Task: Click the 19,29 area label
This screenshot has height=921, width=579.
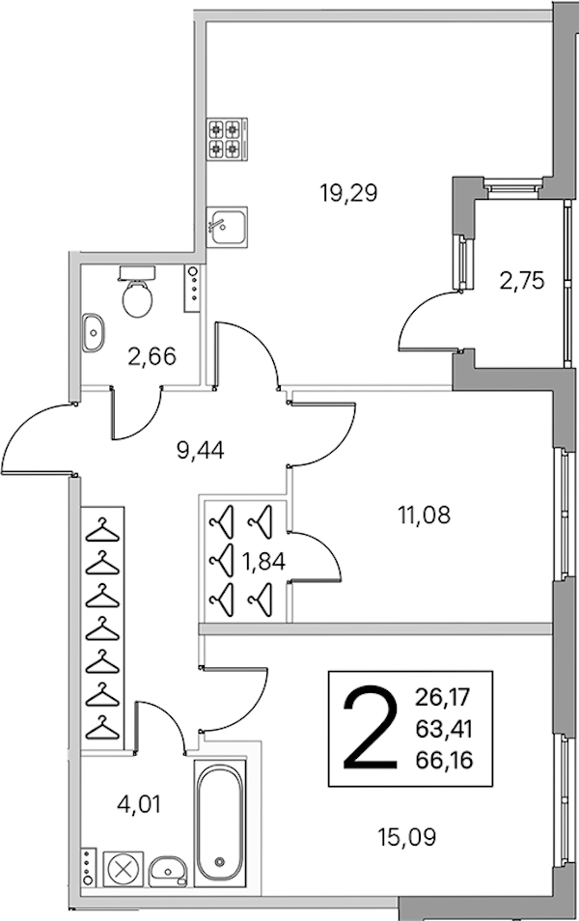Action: (348, 193)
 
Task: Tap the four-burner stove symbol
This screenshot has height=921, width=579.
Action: (227, 139)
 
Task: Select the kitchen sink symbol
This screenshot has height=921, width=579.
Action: (227, 225)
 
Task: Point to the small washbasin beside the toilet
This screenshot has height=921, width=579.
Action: (93, 333)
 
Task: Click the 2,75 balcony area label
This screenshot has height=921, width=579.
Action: (522, 281)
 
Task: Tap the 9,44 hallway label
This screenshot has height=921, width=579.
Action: (201, 451)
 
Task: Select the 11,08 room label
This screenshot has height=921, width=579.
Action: (425, 516)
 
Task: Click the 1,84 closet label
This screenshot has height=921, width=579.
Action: (263, 562)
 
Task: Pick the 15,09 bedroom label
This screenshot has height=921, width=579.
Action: (407, 836)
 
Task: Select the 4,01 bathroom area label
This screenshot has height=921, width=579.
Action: (139, 804)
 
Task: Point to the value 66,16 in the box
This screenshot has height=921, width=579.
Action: (444, 761)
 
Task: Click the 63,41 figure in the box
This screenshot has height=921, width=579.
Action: (444, 729)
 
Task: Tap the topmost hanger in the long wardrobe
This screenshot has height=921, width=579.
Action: (102, 529)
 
